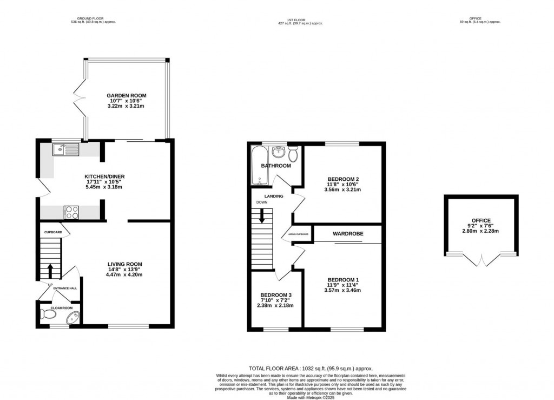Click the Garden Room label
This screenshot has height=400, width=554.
tap(126, 96)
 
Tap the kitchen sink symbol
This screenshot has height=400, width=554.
tap(65, 149)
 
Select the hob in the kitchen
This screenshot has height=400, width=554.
tap(71, 212)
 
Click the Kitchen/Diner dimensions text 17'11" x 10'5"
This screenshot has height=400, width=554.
tap(102, 182)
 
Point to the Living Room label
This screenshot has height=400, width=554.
tap(124, 264)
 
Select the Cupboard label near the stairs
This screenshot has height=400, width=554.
tap(54, 233)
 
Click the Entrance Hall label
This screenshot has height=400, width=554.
tap(64, 288)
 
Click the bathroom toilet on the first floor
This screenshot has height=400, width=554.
tap(293, 154)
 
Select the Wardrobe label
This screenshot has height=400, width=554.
tap(348, 233)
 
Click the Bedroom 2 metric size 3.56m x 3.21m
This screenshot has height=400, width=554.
tap(342, 190)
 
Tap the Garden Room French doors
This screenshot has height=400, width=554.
tap(80, 97)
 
